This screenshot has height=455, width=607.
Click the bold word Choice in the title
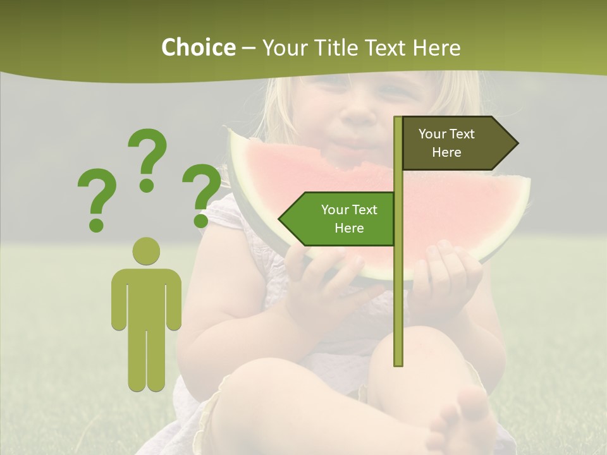198,47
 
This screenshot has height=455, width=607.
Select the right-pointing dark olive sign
459,143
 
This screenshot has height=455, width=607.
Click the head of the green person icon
147,251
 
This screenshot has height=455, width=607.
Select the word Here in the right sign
446,152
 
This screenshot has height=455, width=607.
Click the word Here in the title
437,47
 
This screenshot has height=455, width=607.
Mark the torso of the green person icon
147,297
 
